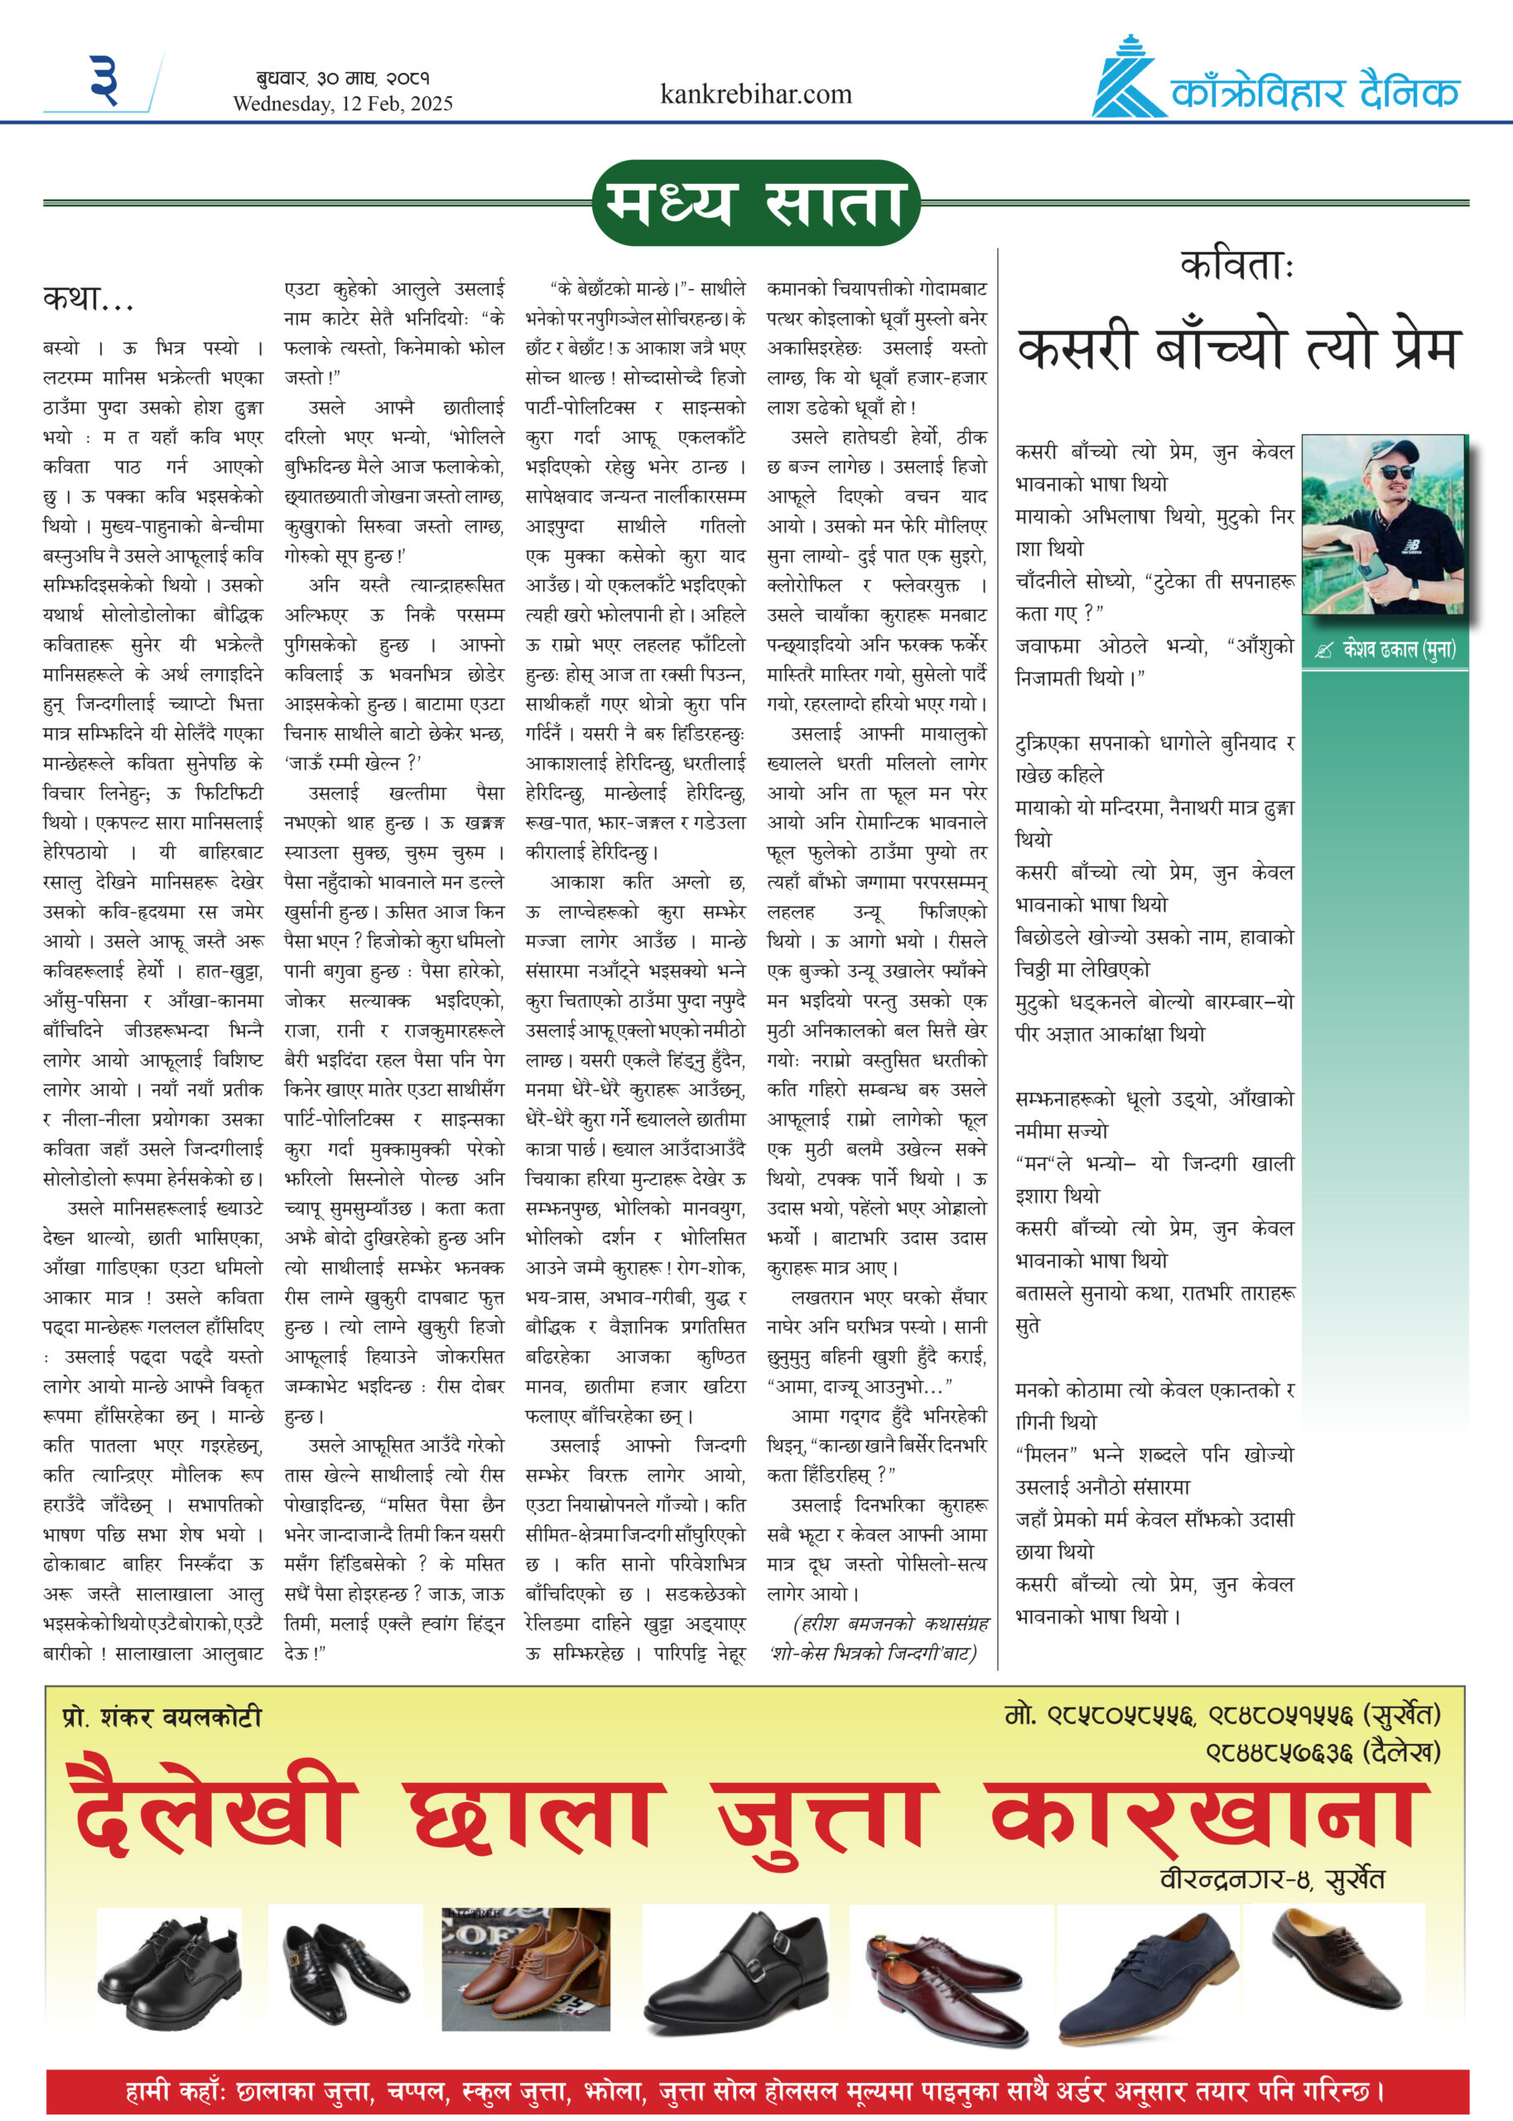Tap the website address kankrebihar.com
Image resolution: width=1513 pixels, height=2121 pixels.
tap(755, 94)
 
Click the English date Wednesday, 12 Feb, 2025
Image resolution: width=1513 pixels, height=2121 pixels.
tap(343, 104)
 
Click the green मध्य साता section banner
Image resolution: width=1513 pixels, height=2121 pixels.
tap(755, 203)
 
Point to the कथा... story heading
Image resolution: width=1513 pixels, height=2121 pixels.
tap(89, 298)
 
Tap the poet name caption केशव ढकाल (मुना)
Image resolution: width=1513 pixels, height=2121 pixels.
tap(1386, 650)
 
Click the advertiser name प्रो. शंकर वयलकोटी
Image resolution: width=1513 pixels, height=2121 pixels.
tap(162, 1717)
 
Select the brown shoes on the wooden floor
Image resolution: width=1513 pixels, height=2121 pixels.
tap(525, 1967)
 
